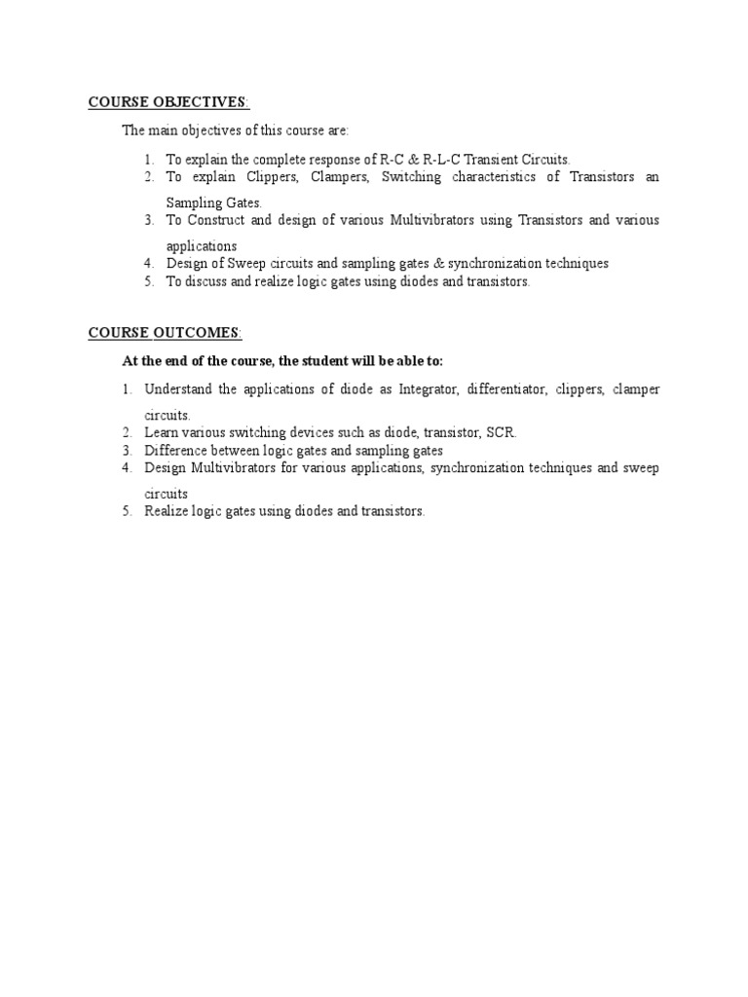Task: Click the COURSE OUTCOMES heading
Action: coord(163,333)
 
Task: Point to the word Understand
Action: coord(178,389)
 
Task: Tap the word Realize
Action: coord(166,511)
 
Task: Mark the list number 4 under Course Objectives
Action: coord(148,263)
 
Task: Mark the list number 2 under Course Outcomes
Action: coord(127,432)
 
